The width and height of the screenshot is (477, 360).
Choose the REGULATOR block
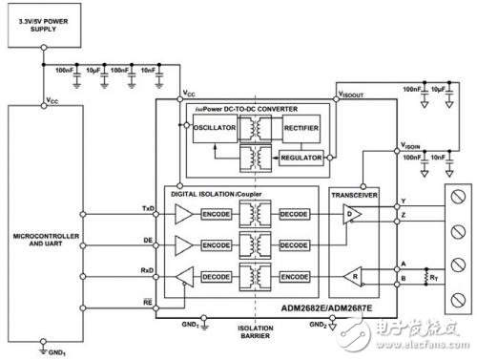[301, 157]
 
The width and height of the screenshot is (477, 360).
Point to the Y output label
[405, 201]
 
